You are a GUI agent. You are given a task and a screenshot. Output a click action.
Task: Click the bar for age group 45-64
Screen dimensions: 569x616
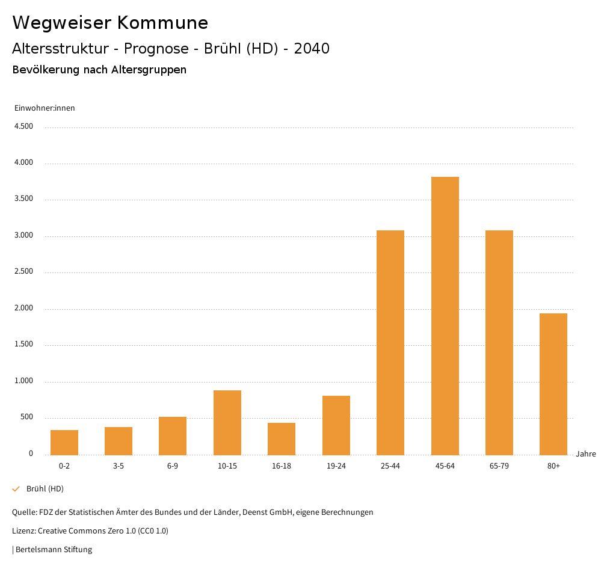coord(445,316)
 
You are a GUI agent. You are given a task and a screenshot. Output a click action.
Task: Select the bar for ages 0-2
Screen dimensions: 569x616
coord(64,442)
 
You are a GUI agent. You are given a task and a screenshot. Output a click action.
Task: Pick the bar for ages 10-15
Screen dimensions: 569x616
coord(227,422)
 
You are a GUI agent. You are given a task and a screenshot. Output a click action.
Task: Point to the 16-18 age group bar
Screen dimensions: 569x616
coord(282,438)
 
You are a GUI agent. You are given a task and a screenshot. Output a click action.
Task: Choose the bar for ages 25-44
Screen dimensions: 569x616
coord(390,342)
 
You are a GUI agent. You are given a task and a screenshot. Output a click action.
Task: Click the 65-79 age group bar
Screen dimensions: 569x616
coord(499,342)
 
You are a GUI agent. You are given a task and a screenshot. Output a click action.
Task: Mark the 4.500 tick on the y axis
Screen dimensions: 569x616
coord(23,126)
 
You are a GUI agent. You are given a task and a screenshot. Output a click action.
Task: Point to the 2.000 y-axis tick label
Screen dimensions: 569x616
coord(23,309)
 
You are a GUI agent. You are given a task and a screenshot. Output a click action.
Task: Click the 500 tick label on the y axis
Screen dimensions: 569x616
coord(26,417)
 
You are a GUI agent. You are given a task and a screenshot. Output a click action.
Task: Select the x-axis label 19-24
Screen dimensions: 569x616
coord(336,466)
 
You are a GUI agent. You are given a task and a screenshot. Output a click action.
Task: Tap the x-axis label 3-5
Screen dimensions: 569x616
coord(119,466)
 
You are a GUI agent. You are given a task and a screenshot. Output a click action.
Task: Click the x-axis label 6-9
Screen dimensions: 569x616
coord(173,466)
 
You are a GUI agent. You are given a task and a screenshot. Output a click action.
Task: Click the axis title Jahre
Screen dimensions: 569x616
coord(585,454)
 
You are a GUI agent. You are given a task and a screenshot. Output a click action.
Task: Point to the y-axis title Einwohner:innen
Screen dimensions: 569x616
coord(45,108)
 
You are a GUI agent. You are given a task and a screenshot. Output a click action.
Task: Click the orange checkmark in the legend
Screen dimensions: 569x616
coord(16,489)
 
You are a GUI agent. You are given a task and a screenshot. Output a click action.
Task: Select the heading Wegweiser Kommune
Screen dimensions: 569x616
coord(110,23)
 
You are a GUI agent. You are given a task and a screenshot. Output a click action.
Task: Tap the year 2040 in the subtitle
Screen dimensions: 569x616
coord(312,49)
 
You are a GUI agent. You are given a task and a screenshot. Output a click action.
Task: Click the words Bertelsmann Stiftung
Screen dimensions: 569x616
coord(54,550)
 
